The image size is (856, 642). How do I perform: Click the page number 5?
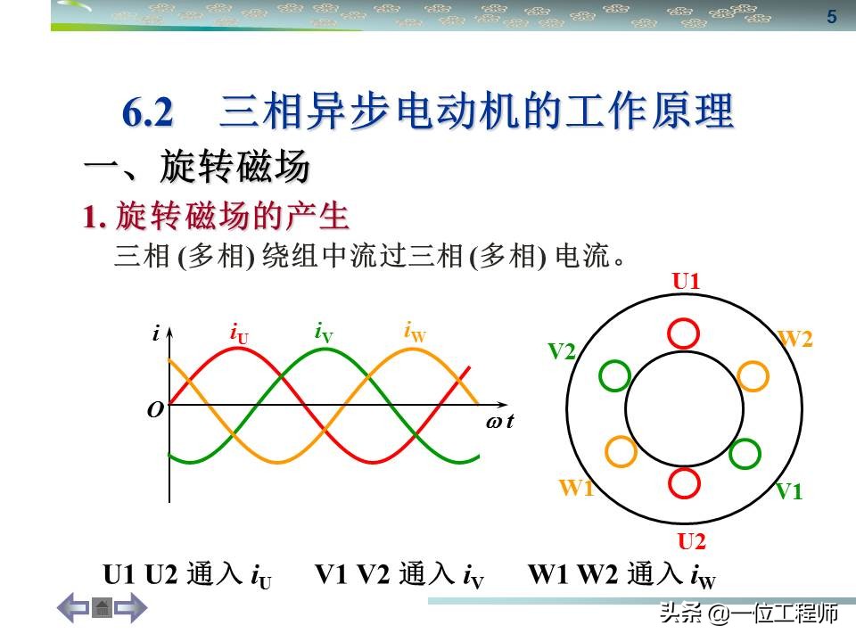tap(832, 17)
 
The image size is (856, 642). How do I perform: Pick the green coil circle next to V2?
tap(614, 376)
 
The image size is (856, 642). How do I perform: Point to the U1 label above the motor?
tap(686, 282)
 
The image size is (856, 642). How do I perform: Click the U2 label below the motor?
tap(692, 541)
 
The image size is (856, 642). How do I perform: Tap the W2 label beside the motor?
tap(796, 339)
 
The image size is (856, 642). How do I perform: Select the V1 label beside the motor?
tap(788, 490)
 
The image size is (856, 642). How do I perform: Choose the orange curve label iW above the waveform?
tap(415, 333)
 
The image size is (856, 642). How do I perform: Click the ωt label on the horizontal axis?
tap(500, 423)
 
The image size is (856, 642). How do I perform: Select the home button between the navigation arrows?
tap(102, 609)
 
